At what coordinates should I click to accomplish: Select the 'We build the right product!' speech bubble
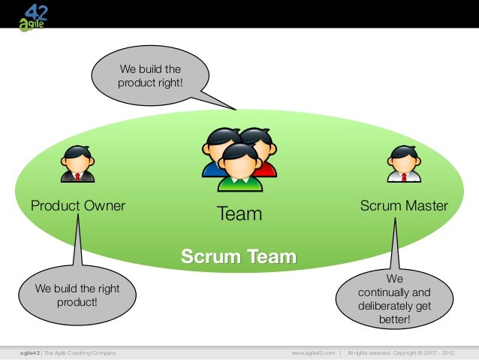coord(77,295)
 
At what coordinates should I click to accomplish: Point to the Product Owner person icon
coord(77,164)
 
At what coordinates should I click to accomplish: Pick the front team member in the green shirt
coord(240,165)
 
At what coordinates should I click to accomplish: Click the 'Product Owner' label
coord(77,205)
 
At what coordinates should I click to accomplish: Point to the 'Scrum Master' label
coord(404,205)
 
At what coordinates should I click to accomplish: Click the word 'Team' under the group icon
coord(239,214)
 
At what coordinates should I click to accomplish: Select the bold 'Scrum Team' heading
coord(239,258)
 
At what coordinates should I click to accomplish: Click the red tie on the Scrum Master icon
coord(404,177)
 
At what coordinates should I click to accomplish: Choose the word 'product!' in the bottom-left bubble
coord(77,303)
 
